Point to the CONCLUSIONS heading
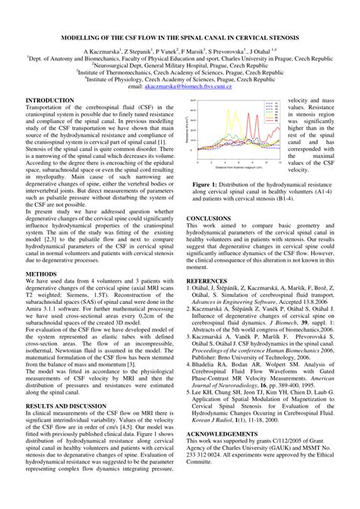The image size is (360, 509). (x=208, y=217)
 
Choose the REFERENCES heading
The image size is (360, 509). (x=207, y=280)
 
